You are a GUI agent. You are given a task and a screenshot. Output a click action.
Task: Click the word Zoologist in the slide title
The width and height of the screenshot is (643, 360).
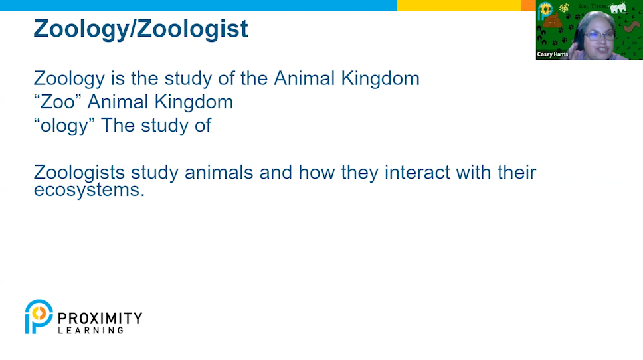pyautogui.click(x=193, y=29)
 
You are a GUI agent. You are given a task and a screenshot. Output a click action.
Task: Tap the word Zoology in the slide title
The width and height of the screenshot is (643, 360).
pyautogui.click(x=82, y=29)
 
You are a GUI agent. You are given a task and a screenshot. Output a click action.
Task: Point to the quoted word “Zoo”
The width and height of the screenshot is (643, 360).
pyautogui.click(x=57, y=102)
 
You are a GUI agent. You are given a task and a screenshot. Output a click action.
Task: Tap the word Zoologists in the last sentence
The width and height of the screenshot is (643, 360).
pyautogui.click(x=79, y=173)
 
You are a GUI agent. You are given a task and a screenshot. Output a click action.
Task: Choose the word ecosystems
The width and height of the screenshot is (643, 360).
pyautogui.click(x=89, y=190)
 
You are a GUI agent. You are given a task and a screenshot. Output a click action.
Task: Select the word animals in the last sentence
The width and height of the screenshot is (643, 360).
pyautogui.click(x=219, y=172)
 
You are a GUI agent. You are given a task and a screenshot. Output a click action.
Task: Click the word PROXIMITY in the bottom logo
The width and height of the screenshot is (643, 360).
pyautogui.click(x=100, y=318)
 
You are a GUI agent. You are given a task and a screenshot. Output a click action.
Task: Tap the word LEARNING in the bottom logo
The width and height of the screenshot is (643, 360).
pyautogui.click(x=90, y=331)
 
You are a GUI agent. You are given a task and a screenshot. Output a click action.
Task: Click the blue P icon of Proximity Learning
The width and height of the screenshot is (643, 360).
pyautogui.click(x=39, y=317)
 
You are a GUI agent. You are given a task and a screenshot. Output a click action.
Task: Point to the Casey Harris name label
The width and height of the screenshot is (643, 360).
pyautogui.click(x=553, y=54)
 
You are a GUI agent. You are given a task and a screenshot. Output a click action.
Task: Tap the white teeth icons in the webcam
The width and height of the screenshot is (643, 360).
pyautogui.click(x=618, y=8)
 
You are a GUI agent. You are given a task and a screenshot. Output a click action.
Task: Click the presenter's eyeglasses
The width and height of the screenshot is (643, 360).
pyautogui.click(x=599, y=36)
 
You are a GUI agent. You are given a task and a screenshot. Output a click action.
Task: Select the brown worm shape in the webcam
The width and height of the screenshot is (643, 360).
pyautogui.click(x=632, y=27)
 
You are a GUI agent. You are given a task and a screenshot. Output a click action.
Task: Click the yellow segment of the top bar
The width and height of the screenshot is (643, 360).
pyautogui.click(x=459, y=5)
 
